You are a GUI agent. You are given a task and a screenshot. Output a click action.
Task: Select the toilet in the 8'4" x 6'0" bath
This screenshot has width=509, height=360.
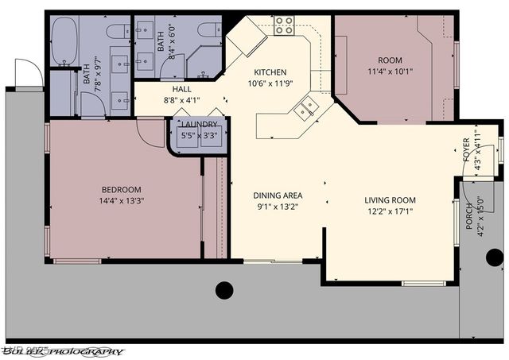pyautogui.click(x=208, y=30)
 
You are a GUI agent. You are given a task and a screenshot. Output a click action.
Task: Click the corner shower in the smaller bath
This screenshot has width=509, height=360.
pyautogui.click(x=199, y=62)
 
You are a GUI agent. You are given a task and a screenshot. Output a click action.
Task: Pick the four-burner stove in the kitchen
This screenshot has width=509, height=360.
pyautogui.click(x=284, y=25)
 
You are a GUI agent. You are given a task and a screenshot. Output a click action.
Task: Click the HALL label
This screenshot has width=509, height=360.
pyautogui.click(x=181, y=90)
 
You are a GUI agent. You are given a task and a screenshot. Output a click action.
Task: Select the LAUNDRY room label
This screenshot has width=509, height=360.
pyautogui.click(x=198, y=125)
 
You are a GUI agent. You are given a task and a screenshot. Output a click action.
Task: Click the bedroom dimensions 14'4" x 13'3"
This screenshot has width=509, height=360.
pyautogui.click(x=121, y=200)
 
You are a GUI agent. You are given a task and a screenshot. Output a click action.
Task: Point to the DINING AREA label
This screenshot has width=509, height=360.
pyautogui.click(x=278, y=195)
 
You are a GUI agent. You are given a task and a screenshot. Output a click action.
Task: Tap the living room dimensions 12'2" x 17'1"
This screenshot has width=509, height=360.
pyautogui.click(x=390, y=211)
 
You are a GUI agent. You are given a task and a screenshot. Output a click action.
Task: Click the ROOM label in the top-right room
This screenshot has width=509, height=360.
pyautogui.click(x=390, y=59)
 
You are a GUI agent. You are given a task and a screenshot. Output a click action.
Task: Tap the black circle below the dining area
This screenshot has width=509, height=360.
pyautogui.click(x=224, y=290)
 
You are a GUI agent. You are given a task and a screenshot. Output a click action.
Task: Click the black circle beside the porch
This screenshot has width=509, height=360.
pyautogui.click(x=494, y=257)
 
